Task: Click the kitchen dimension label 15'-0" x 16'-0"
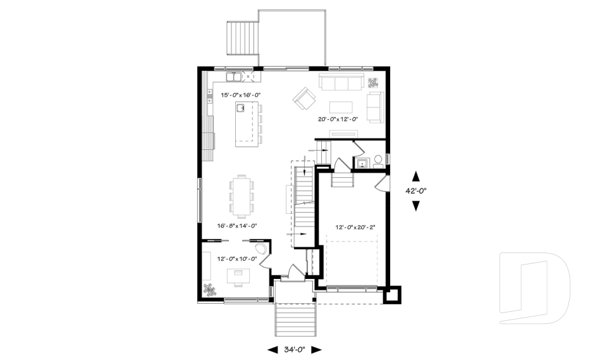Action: click(241, 95)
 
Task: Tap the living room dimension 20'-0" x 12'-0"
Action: click(338, 119)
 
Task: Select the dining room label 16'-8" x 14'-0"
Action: click(237, 225)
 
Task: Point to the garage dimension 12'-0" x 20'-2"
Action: click(355, 227)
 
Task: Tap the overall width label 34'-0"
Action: click(295, 349)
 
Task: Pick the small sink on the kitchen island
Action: click(241, 108)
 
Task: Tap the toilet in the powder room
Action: click(377, 161)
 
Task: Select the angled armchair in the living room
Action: click(304, 98)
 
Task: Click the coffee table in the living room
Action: click(341, 106)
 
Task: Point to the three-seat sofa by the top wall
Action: click(340, 82)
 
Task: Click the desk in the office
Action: click(239, 275)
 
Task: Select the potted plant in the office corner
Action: click(209, 290)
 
